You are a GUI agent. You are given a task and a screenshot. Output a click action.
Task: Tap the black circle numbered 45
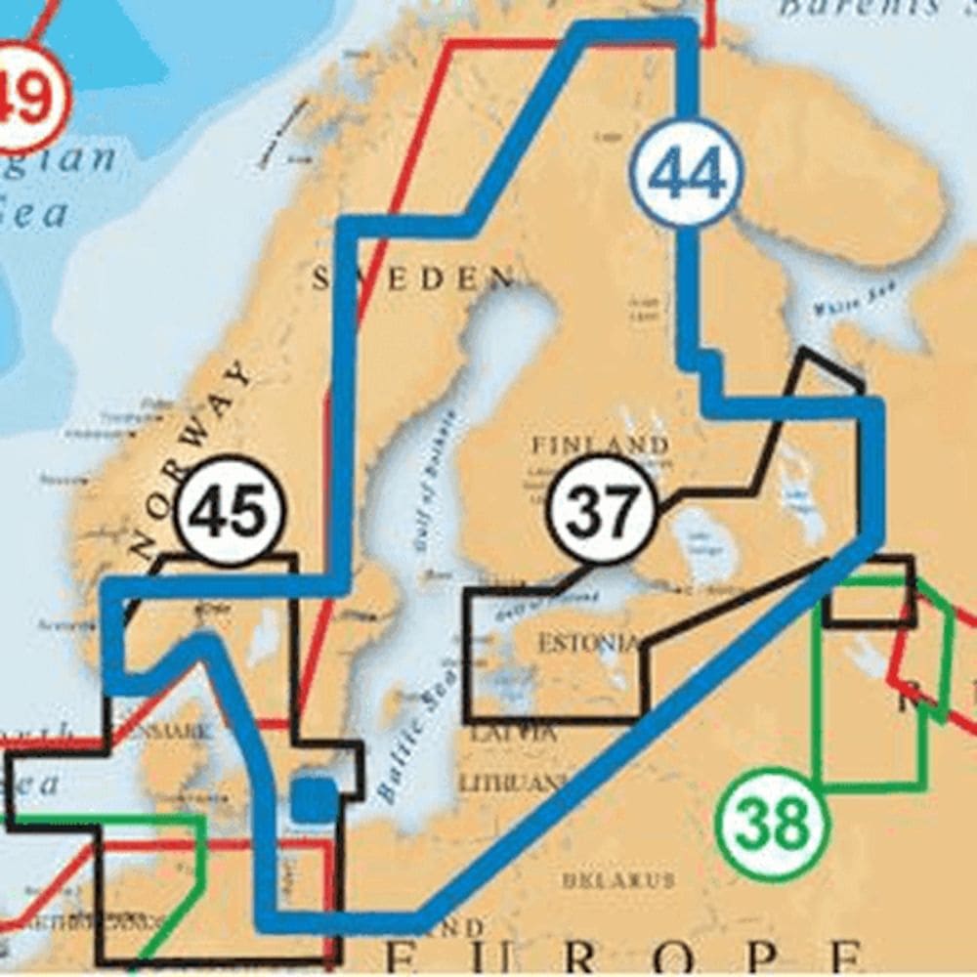tap(231, 511)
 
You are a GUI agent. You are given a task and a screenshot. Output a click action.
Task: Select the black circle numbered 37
tap(601, 509)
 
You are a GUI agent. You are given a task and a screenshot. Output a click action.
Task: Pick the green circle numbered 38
tap(771, 826)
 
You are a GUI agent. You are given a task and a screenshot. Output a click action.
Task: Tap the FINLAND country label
tap(600, 446)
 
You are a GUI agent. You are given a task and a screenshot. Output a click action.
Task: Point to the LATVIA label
tap(513, 732)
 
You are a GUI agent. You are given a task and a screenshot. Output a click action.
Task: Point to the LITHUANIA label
tap(514, 783)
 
